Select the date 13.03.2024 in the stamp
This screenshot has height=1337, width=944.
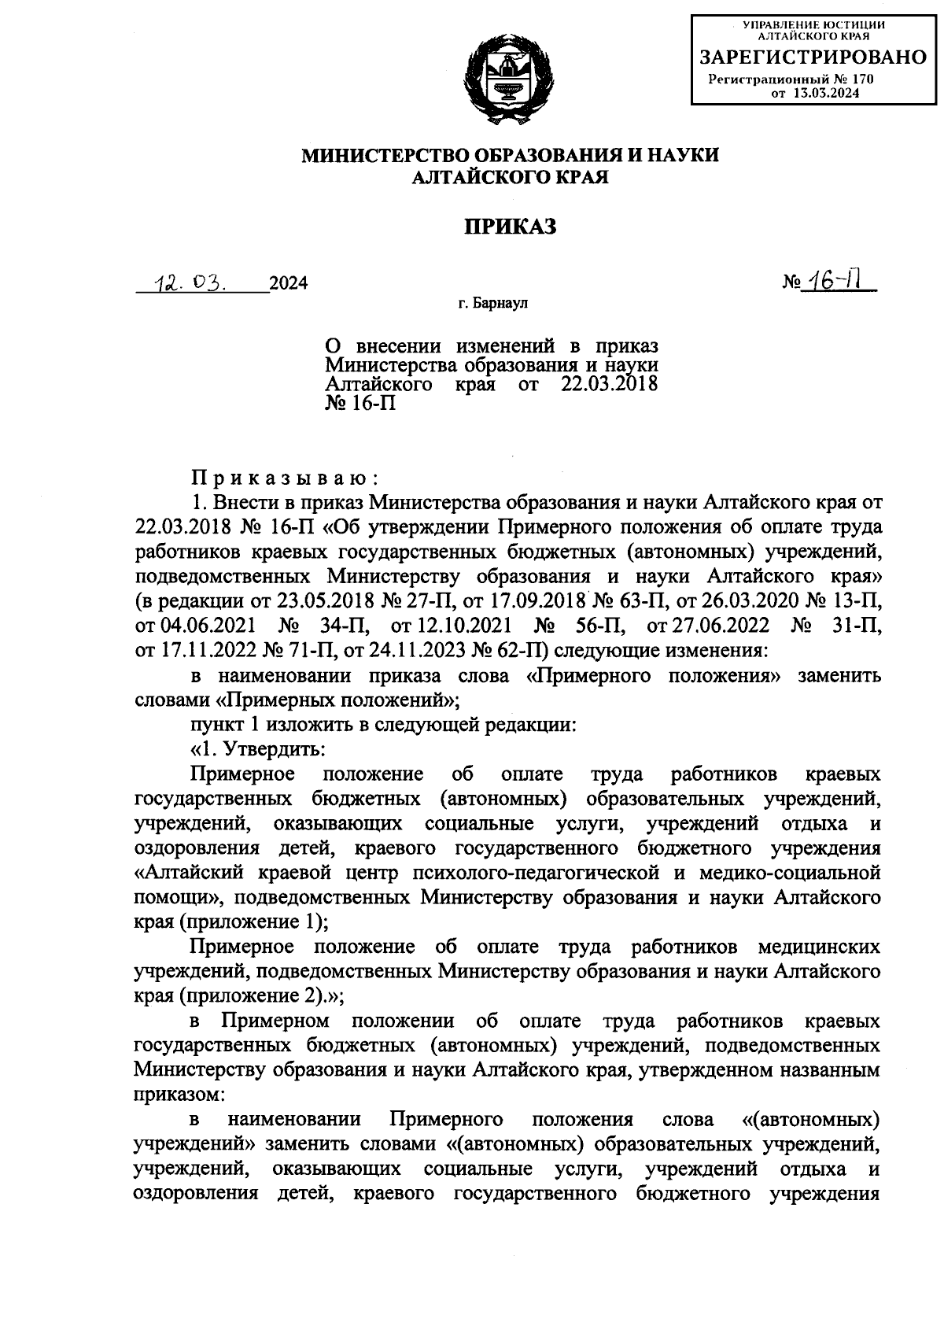pyautogui.click(x=826, y=93)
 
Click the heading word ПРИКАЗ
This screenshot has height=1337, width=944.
pyautogui.click(x=510, y=227)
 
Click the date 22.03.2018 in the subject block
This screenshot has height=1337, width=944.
pyautogui.click(x=609, y=385)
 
